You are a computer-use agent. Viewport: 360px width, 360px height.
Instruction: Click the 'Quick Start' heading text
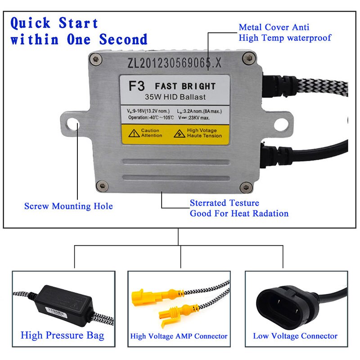coord(54,22)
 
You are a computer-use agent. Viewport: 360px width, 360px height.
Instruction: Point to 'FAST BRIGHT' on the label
coord(185,86)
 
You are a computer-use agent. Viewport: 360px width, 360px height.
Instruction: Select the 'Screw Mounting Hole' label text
coord(68,206)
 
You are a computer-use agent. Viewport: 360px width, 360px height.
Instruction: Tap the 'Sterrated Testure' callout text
coord(225,203)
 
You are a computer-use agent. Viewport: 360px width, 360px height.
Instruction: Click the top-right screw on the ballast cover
coord(246,57)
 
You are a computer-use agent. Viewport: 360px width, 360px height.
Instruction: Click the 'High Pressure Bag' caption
coord(62,335)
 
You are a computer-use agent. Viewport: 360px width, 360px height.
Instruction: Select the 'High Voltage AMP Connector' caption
coord(179,336)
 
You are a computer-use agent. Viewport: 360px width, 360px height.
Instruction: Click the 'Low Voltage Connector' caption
coord(295,336)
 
